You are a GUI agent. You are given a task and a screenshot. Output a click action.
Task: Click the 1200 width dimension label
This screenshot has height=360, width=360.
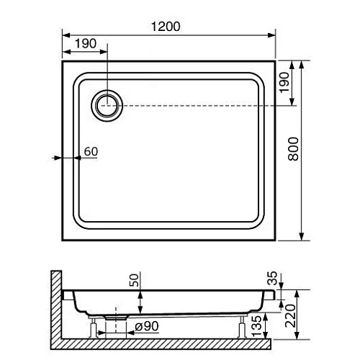coord(166,27)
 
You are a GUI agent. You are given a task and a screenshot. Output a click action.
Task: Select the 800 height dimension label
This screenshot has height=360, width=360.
coord(293,149)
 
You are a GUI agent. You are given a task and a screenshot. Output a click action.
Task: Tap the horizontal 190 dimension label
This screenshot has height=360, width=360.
coord(86,43)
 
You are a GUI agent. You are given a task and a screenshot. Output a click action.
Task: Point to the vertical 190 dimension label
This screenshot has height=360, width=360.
coord(284,82)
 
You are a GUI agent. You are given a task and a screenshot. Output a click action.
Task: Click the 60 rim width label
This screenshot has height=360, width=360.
coord(91,151)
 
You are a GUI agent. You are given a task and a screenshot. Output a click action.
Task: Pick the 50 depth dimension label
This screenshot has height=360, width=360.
coord(134,280)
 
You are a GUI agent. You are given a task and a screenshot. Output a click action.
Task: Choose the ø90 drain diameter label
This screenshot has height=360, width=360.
coord(147,326)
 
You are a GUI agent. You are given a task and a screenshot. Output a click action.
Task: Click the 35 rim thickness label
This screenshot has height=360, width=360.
coord(272,278)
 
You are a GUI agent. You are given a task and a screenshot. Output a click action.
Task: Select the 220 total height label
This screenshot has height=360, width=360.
coord(290,316)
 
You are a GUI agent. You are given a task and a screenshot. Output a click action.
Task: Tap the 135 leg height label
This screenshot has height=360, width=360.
coord(256,326)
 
